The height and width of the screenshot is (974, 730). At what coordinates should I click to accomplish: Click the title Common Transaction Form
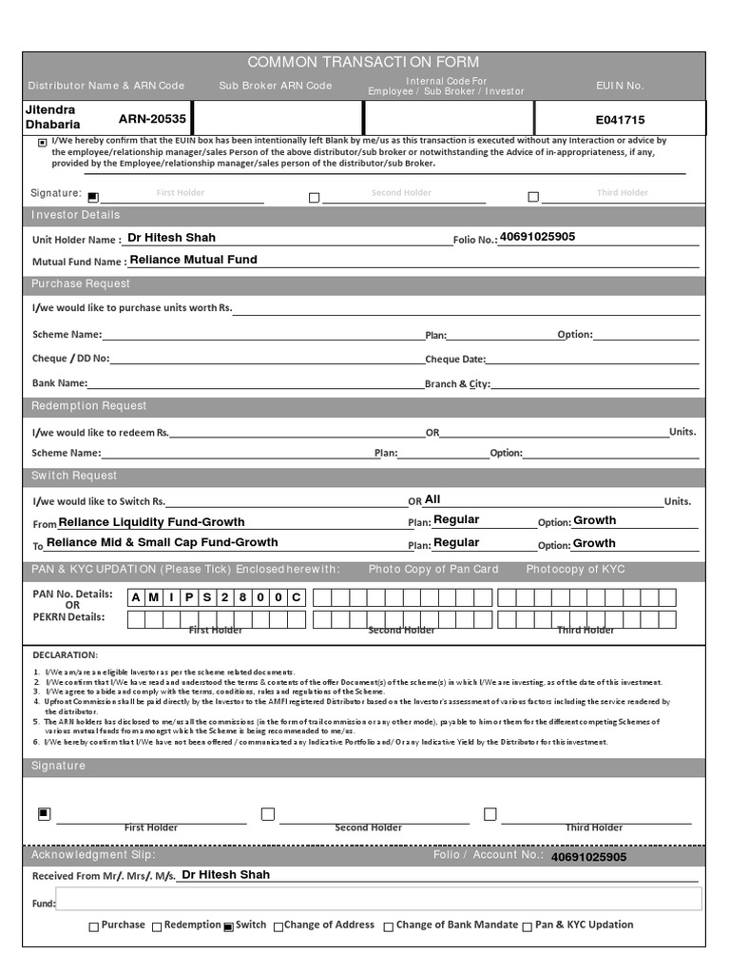[363, 62]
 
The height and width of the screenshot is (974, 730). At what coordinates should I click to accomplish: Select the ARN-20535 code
[152, 119]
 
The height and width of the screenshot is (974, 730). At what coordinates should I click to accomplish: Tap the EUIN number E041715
[620, 121]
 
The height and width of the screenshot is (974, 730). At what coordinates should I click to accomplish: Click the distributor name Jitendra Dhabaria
[52, 117]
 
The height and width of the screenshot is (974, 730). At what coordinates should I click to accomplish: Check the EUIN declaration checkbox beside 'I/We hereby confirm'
[42, 143]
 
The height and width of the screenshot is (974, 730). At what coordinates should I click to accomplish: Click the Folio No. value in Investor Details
[537, 237]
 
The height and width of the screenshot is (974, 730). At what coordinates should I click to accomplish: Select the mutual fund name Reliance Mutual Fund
[193, 260]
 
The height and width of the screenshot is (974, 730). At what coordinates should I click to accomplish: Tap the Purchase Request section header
[81, 284]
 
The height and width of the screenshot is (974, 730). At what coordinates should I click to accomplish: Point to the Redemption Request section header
[89, 406]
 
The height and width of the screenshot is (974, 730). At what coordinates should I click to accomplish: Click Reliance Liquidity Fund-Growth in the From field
[151, 522]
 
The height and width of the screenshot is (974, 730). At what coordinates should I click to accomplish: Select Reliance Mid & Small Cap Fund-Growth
[162, 542]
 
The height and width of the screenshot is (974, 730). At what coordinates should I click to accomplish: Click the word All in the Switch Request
[432, 499]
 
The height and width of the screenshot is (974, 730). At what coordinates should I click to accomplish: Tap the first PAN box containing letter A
[137, 597]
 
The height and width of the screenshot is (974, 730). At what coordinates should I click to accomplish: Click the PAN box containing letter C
[296, 597]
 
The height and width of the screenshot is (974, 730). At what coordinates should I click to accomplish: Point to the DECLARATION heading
[65, 655]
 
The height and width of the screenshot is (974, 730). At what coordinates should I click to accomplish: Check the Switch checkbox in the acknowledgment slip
[228, 926]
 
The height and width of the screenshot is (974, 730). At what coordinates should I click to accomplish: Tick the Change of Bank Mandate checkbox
[388, 926]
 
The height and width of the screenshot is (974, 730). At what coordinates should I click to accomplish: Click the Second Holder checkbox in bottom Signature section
[268, 814]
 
